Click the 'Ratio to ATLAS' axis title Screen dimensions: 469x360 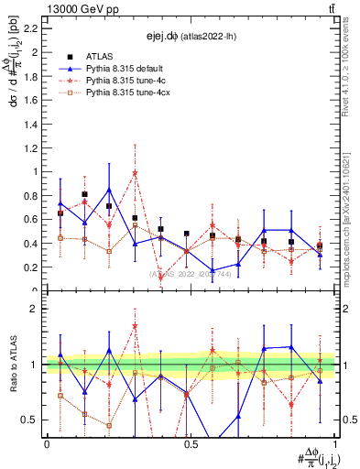[12, 365]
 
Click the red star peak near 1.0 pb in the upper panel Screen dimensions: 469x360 [135, 173]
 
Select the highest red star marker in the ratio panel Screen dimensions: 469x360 [135, 325]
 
